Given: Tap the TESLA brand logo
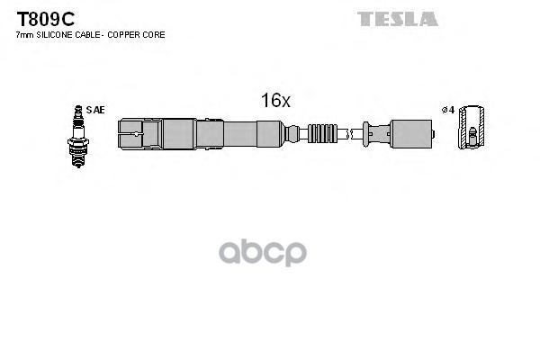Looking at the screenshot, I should [397, 19].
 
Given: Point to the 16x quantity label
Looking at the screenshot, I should [275, 101].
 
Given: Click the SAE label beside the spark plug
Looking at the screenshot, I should [96, 110].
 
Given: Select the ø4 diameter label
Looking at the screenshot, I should [446, 110].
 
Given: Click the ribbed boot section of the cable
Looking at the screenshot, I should [323, 134].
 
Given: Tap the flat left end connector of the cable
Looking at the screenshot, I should [130, 134].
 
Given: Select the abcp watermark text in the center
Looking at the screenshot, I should [270, 253].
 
